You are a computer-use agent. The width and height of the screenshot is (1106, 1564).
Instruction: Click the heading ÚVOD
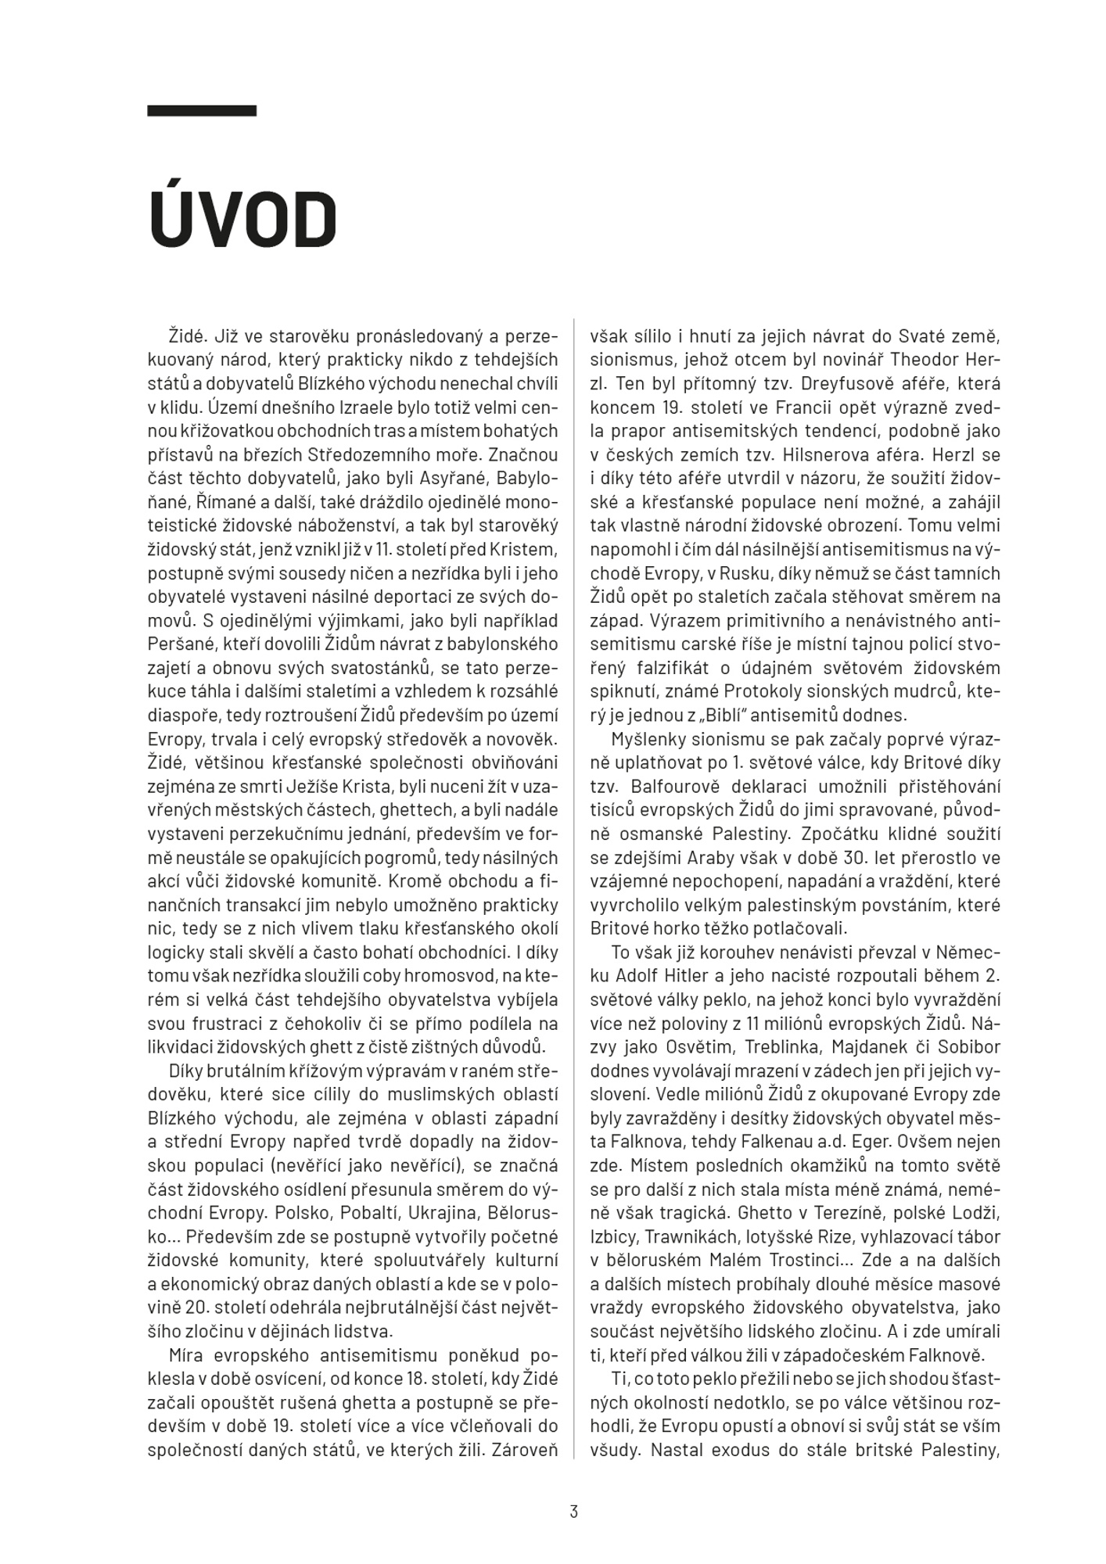242,220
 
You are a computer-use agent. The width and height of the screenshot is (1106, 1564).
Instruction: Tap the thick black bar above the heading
202,111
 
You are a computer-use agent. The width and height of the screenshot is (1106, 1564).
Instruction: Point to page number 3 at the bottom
573,1512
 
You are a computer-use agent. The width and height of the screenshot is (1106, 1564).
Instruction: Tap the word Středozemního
418,454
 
